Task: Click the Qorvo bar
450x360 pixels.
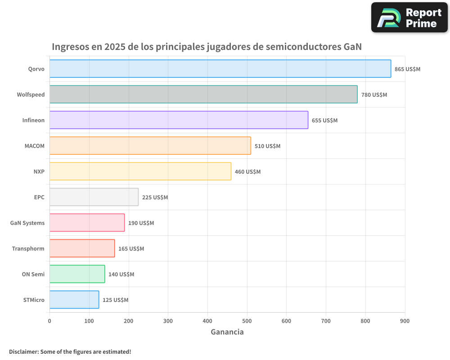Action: [x=220, y=69]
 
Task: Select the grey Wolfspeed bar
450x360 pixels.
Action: [x=203, y=94]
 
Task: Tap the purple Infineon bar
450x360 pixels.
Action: [x=179, y=120]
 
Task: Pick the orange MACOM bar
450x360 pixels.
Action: [x=150, y=146]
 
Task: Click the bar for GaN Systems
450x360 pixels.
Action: [x=87, y=223]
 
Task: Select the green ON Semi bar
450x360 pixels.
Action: [x=77, y=274]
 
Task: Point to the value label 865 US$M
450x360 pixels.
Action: [x=407, y=69]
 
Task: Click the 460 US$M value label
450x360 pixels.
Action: [x=247, y=172]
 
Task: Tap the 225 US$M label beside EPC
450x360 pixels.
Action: [x=155, y=198]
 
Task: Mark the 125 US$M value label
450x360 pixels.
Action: [x=115, y=300]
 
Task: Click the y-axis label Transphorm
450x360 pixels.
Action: [x=28, y=248]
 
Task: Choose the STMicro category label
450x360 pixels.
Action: [x=34, y=300]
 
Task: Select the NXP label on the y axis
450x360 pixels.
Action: [x=39, y=171]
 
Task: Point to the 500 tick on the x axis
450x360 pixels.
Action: [x=247, y=321]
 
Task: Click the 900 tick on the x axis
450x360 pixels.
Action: [x=405, y=321]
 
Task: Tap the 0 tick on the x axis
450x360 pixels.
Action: [x=49, y=321]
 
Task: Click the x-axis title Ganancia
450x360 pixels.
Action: [x=227, y=332]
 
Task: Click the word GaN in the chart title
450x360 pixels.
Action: [x=352, y=47]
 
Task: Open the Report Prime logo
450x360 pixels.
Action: [x=409, y=18]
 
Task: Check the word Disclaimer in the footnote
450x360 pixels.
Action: [x=23, y=351]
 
